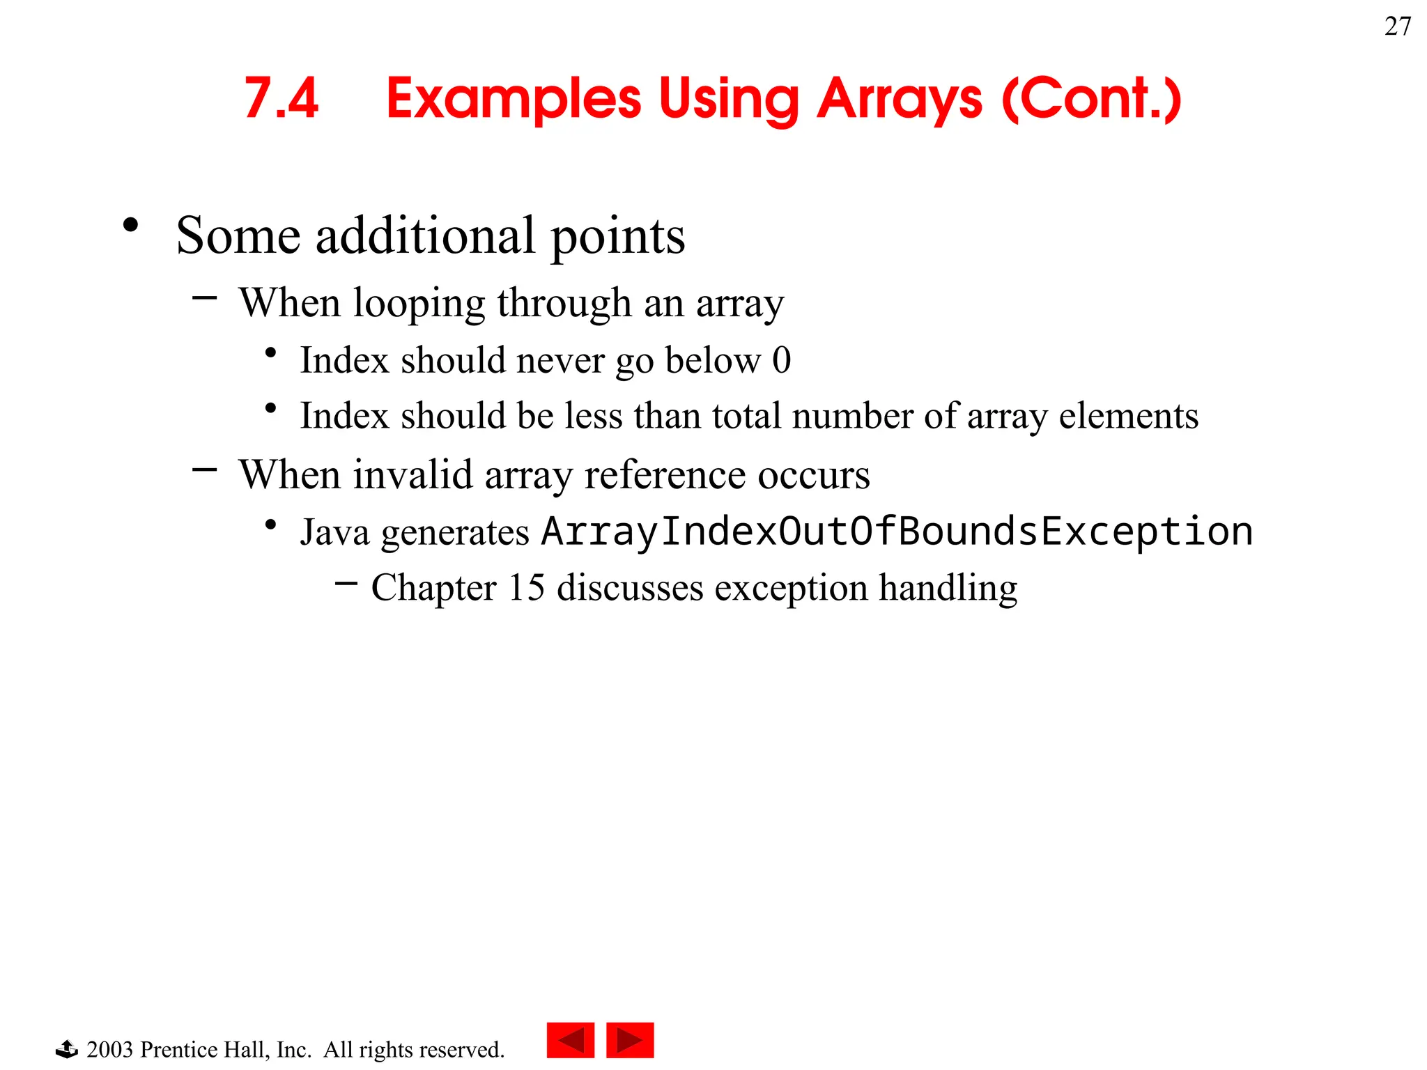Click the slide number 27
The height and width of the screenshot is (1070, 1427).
click(x=1397, y=26)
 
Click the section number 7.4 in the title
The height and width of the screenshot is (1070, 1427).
click(x=281, y=98)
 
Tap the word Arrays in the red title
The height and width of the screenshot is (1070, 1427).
click(x=899, y=100)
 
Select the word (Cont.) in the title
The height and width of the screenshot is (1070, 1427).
click(x=1091, y=100)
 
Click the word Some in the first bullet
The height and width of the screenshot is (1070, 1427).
click(x=238, y=235)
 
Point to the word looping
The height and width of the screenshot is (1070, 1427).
click(x=418, y=304)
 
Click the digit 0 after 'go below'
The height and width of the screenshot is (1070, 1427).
click(x=781, y=360)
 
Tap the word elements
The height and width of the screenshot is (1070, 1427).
click(x=1128, y=416)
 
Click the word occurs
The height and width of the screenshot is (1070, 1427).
click(x=813, y=475)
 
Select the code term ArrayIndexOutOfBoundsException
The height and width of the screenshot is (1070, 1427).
click(x=897, y=532)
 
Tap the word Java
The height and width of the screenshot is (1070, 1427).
click(x=334, y=532)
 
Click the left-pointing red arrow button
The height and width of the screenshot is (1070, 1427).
click(x=570, y=1040)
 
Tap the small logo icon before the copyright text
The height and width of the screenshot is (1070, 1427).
click(x=67, y=1048)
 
